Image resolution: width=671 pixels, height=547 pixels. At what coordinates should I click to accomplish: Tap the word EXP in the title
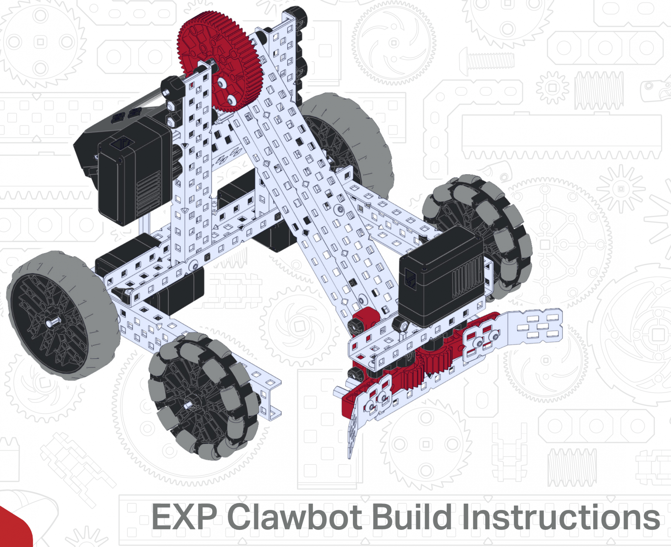[184, 517]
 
